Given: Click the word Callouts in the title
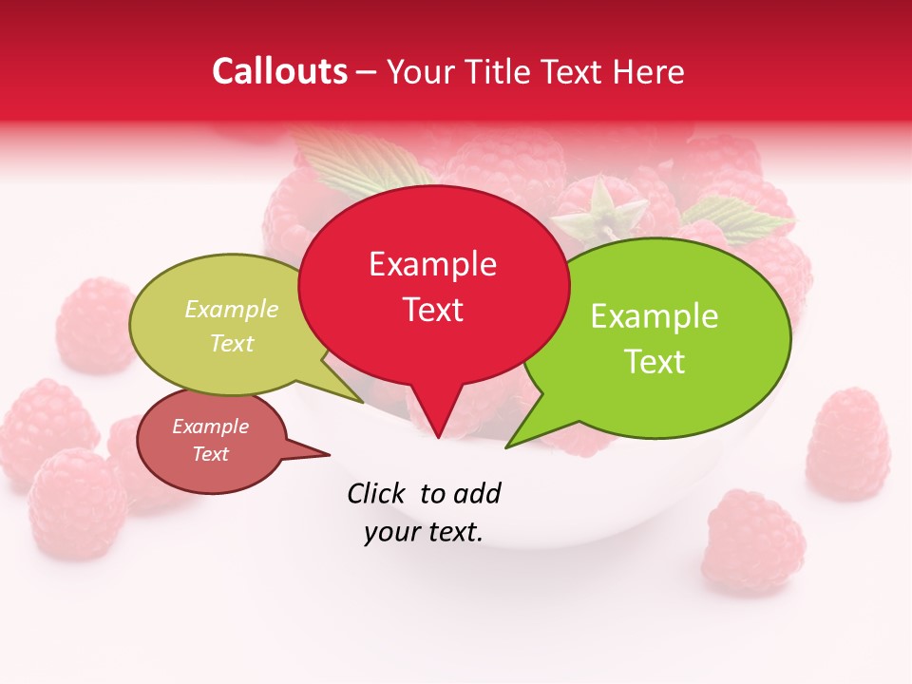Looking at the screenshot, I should point(279,71).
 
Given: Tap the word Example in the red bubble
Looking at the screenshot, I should point(432,264).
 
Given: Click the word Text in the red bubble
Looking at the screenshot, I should point(432,310).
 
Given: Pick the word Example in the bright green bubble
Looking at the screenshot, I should point(655,316).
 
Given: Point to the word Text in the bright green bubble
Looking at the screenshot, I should point(655,362).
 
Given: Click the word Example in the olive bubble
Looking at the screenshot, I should point(232,310).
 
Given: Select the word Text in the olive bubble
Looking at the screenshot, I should point(232,343).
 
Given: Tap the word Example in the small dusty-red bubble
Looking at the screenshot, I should point(210,427).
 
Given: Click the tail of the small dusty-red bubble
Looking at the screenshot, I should point(313,452).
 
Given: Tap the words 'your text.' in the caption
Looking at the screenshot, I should point(423,533).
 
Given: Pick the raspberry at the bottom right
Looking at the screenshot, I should point(753,541).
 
